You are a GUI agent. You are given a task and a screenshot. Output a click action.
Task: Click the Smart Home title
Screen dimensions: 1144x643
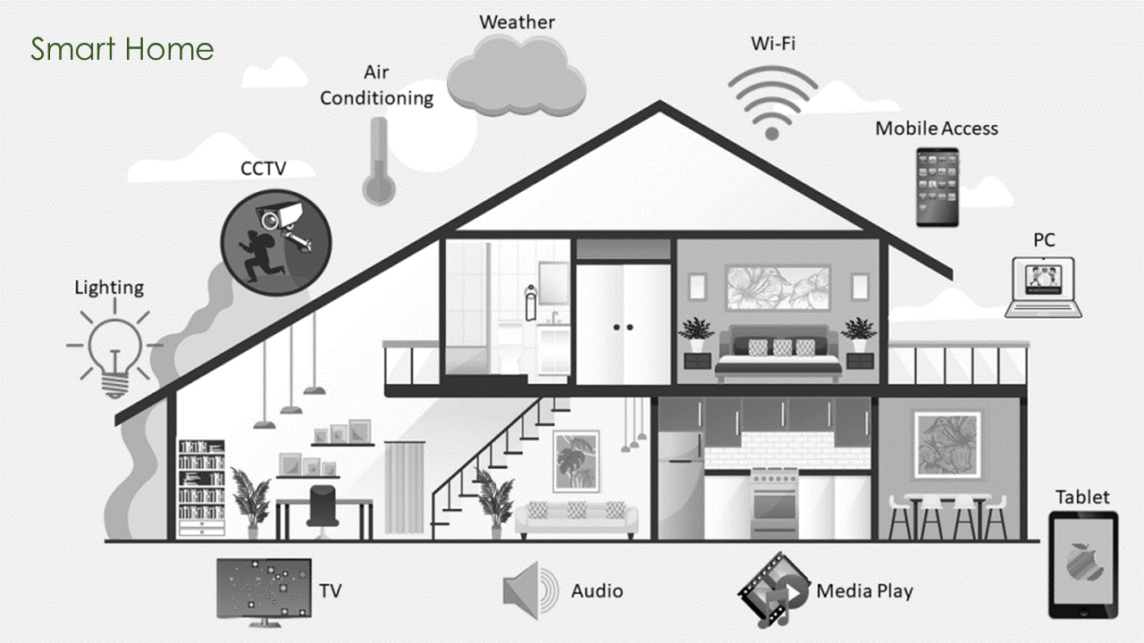122,49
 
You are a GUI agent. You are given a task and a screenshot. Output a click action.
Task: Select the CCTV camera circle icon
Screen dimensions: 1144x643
276,242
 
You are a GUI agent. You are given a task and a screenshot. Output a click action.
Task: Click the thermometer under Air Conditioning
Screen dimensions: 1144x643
379,162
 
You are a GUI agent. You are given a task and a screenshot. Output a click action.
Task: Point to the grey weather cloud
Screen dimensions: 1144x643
517,77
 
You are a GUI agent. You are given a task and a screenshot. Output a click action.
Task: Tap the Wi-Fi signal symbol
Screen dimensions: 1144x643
772,103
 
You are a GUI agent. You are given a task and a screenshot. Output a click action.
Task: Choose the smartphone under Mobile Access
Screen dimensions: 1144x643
938,187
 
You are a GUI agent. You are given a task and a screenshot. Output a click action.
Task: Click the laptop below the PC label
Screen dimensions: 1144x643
1043,288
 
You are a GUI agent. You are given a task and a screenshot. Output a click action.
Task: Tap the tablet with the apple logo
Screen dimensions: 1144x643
1083,565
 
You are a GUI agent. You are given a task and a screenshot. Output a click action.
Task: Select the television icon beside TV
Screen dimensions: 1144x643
264,592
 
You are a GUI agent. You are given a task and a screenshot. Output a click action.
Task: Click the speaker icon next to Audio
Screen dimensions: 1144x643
531,591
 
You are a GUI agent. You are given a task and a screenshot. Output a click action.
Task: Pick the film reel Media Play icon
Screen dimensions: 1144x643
774,590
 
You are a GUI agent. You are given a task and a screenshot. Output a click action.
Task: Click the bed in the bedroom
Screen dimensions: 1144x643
778,353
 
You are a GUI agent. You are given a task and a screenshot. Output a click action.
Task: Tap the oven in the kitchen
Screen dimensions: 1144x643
775,502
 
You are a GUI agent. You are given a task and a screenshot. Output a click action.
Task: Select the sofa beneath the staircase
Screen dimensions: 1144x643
576,519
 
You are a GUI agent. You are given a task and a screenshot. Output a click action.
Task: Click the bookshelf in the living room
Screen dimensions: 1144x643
201,488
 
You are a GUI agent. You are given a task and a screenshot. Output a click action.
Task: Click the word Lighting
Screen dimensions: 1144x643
109,288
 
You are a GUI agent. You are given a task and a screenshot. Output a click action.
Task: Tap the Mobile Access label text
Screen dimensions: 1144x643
937,129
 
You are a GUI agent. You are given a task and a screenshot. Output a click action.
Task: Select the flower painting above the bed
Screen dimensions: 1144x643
778,288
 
